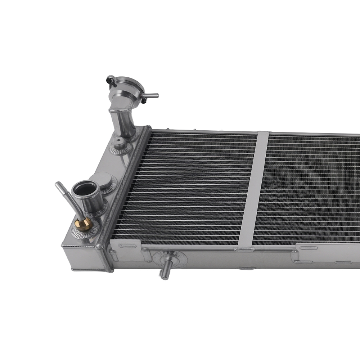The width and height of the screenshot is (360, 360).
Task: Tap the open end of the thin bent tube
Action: coord(57,184)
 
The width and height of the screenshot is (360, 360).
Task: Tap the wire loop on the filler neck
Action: coord(111,81)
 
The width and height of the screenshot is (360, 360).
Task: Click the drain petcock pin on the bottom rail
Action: coord(165,272)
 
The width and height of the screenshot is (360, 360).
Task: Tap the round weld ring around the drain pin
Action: coord(170,257)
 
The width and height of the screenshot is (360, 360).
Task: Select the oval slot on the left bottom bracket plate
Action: coord(128,246)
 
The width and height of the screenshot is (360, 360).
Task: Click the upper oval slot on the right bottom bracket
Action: coord(309,248)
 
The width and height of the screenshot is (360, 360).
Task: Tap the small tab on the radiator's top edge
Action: coord(194,129)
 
